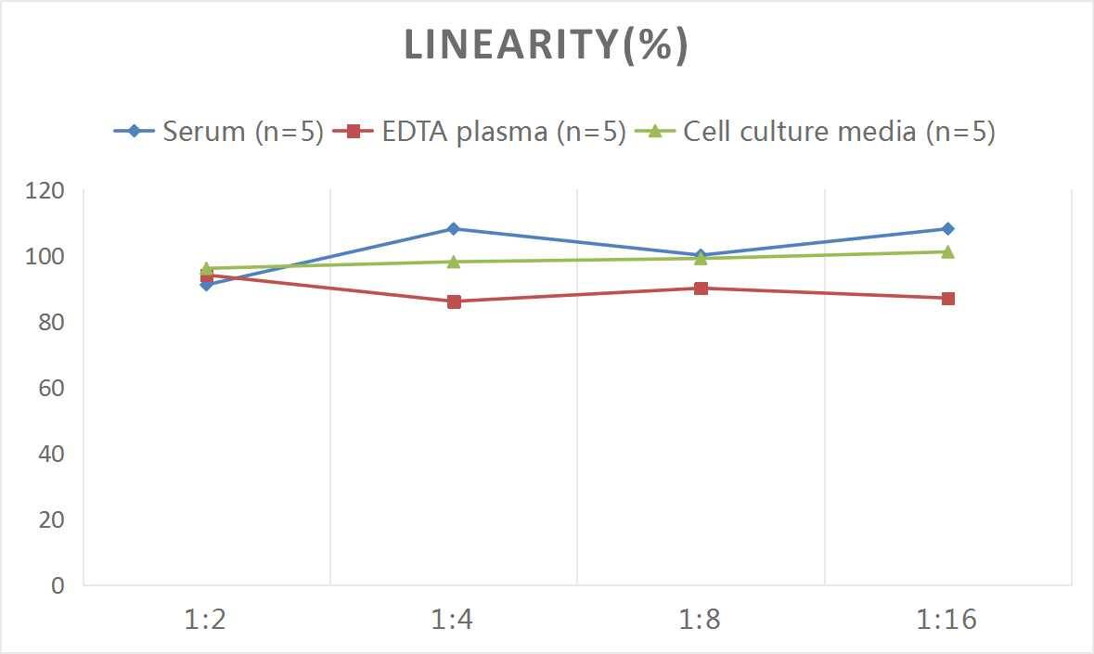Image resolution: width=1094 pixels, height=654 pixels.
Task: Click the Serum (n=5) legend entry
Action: pyautogui.click(x=219, y=132)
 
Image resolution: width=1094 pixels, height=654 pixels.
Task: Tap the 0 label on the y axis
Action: pyautogui.click(x=58, y=585)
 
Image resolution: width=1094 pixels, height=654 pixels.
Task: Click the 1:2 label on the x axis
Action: pyautogui.click(x=206, y=620)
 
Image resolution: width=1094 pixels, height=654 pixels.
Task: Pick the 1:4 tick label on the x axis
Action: pyautogui.click(x=453, y=620)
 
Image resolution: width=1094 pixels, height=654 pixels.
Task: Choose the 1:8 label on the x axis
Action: pyautogui.click(x=701, y=620)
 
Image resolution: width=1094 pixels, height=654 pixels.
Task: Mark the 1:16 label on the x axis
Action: pyautogui.click(x=947, y=620)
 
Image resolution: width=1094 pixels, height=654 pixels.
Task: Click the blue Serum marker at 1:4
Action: pyautogui.click(x=454, y=228)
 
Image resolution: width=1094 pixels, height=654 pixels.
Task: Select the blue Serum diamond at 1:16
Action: pyautogui.click(x=947, y=228)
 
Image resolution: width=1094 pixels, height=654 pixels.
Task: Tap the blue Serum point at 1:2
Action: pyautogui.click(x=206, y=285)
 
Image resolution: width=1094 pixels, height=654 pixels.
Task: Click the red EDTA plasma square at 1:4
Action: pyautogui.click(x=454, y=301)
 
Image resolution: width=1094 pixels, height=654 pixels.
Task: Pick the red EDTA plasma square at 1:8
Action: pyautogui.click(x=701, y=289)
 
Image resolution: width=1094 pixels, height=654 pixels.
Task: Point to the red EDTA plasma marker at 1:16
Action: pyautogui.click(x=947, y=299)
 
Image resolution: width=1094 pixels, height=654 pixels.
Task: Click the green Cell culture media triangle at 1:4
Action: pyautogui.click(x=454, y=262)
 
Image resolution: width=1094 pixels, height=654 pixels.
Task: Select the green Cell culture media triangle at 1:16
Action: pyautogui.click(x=947, y=251)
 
